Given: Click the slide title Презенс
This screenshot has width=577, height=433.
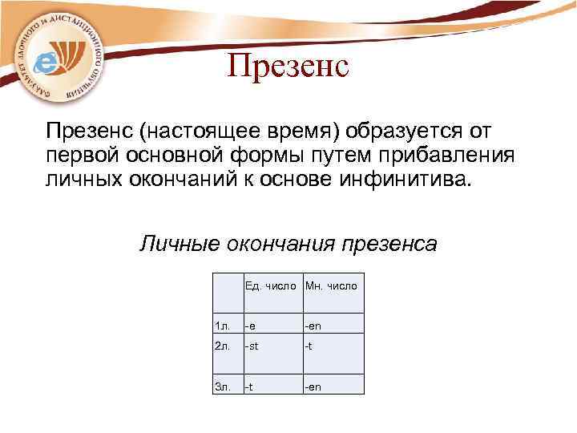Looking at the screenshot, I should [288, 66].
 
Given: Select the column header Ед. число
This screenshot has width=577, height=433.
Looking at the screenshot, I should [272, 285].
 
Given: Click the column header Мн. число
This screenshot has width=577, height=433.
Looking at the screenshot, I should [331, 285].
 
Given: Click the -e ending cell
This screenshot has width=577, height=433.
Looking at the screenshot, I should [251, 326].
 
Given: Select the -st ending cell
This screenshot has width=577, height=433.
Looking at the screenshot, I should [253, 347].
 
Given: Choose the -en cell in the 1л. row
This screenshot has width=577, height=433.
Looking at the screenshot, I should [313, 326].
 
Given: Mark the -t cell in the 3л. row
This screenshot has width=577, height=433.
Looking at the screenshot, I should [249, 386].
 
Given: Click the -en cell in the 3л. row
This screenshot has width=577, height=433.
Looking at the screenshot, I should [313, 386].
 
